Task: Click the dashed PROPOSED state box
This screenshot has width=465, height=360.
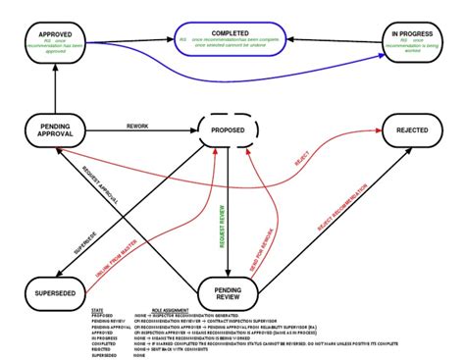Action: tap(228, 129)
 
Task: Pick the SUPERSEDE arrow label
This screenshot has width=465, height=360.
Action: tap(115, 241)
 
